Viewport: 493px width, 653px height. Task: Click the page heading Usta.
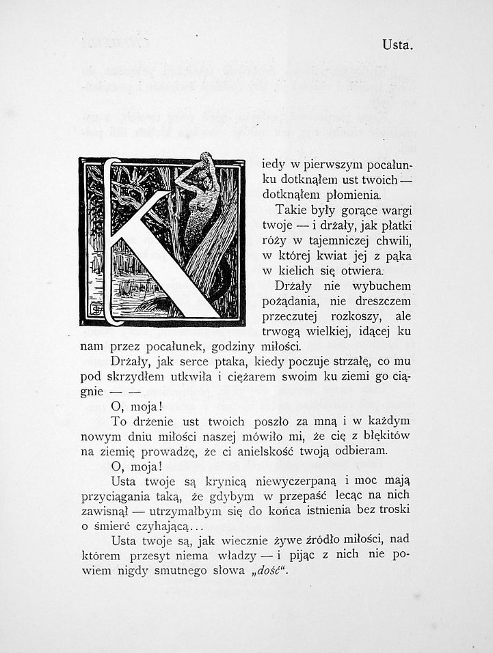tap(397, 46)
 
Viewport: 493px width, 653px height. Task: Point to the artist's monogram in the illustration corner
tap(96, 309)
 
